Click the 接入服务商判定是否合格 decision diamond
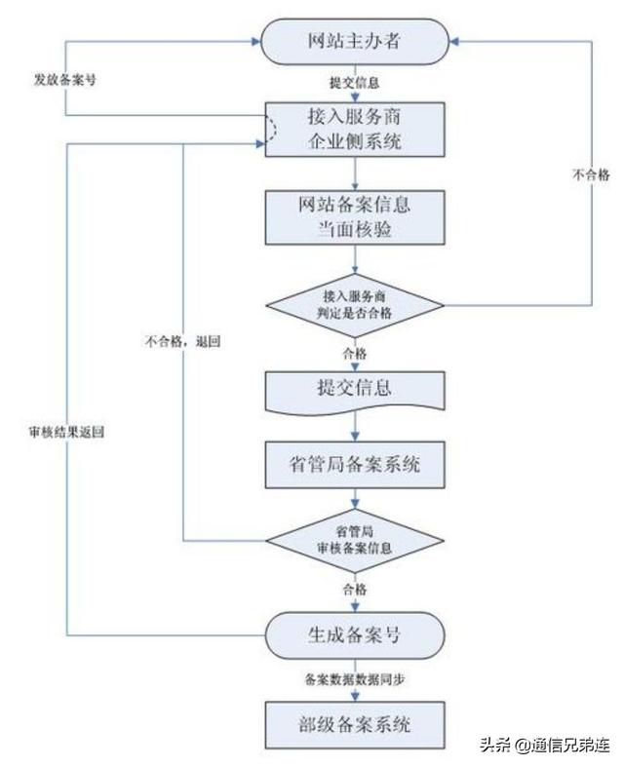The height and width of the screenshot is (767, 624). [357, 304]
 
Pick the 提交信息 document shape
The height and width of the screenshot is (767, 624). [357, 388]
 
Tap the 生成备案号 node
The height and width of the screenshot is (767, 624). [357, 633]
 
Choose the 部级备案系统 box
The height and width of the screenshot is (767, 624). [357, 723]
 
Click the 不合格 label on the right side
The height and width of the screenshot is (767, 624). [590, 174]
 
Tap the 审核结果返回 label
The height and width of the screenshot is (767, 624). [65, 430]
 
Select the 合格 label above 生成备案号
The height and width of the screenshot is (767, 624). [356, 589]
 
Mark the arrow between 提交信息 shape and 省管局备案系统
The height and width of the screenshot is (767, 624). [357, 425]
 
